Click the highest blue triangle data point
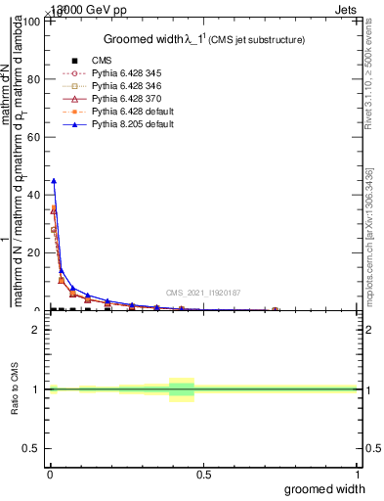point(54,181)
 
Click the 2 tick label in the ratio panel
point(39,331)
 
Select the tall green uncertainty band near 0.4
point(182,389)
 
